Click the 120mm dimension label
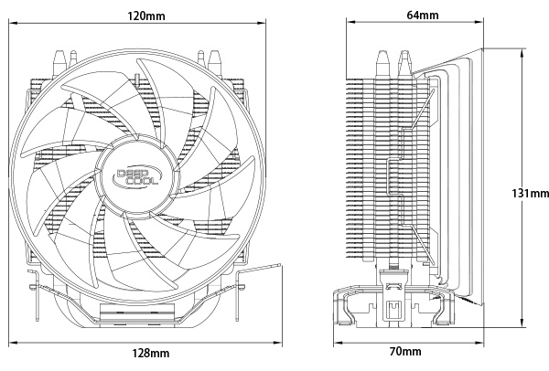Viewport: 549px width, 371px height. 146,16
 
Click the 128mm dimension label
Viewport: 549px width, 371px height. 151,353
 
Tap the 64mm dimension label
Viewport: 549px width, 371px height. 422,15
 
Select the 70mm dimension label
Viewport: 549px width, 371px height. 405,351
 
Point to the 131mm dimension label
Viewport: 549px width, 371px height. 530,193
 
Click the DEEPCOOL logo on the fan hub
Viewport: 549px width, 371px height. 137,176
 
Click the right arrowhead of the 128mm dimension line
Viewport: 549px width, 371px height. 277,342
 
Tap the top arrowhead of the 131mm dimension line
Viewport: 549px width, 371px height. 522,53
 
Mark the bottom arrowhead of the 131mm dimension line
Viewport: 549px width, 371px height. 522,323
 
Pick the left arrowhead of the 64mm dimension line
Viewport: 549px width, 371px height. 350,22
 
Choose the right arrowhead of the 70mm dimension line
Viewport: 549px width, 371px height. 479,342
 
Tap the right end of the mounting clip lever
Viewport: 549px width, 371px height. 281,266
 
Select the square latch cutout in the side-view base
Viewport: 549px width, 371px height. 395,311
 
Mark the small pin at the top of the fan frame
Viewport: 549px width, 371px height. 137,80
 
